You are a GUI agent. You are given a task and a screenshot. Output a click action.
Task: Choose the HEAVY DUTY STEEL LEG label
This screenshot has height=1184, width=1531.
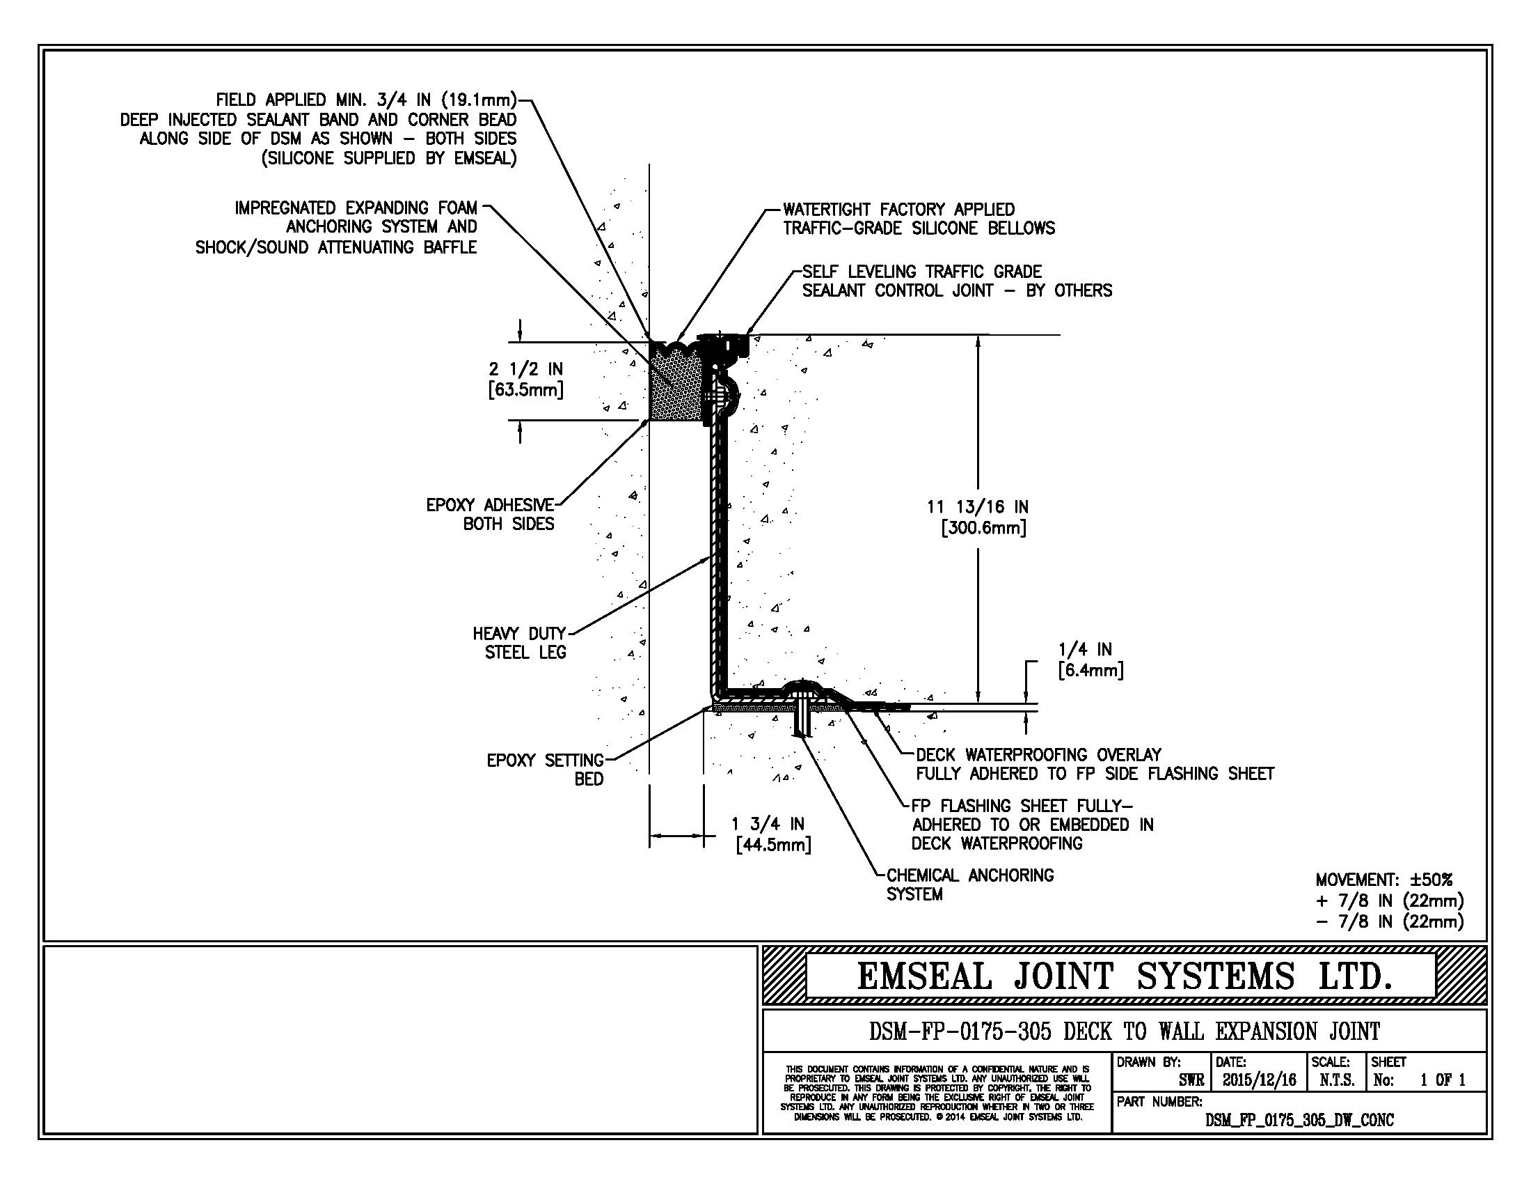click(x=519, y=643)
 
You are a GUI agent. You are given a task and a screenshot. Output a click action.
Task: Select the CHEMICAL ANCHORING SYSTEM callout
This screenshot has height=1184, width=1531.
click(x=969, y=885)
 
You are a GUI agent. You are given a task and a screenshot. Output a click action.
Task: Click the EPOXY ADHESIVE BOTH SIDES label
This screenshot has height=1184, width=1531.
click(x=490, y=514)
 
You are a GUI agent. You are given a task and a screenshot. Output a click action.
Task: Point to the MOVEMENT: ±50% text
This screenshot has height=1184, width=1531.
click(x=1383, y=879)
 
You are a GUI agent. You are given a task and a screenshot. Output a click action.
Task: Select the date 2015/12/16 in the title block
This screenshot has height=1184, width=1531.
click(x=1260, y=1080)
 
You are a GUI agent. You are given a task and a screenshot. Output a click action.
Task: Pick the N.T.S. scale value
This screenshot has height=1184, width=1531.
click(x=1337, y=1080)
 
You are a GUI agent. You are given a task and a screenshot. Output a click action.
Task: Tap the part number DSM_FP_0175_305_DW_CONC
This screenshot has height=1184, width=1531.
click(x=1299, y=1120)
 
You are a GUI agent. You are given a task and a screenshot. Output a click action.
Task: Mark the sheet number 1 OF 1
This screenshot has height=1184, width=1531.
click(x=1443, y=1080)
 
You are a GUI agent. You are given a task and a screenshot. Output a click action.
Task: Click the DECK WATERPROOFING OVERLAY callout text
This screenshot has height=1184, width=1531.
click(x=1038, y=755)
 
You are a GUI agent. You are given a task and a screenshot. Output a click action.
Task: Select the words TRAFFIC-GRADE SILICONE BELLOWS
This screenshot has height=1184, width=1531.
click(x=919, y=228)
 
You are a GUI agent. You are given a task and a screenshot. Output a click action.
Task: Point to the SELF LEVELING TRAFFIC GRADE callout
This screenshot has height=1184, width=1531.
click(x=922, y=272)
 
